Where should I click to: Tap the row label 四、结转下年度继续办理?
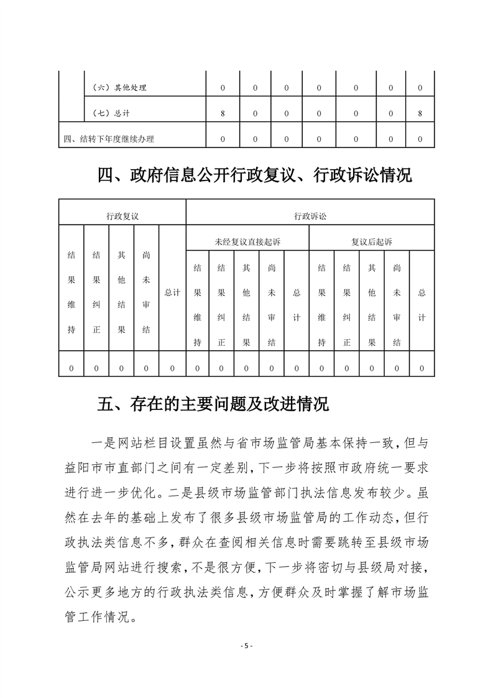109,139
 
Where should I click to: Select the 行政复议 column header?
122,216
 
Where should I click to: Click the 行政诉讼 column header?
310,216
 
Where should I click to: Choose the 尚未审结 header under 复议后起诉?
397,305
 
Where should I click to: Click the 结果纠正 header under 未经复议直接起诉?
222,305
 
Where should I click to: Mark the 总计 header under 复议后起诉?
422,305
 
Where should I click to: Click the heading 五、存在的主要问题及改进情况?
213,405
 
